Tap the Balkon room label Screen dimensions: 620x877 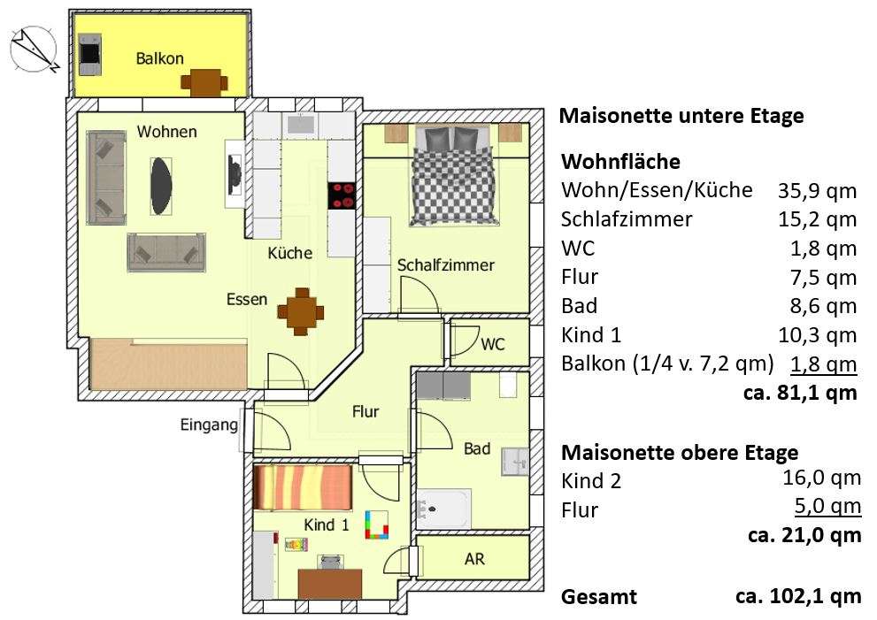point(160,59)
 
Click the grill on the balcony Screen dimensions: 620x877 point(90,54)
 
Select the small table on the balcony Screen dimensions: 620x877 point(204,82)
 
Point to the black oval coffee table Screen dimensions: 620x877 point(160,180)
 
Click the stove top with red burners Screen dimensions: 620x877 point(342,195)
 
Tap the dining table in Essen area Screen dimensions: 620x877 point(300,310)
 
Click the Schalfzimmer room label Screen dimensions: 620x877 point(445,265)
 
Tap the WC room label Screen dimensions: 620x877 point(493,344)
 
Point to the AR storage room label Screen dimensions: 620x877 point(474,560)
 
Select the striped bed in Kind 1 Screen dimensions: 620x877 point(303,487)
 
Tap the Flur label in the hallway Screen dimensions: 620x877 point(365,411)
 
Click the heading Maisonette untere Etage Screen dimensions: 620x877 point(682,116)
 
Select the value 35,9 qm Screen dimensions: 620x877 point(817,190)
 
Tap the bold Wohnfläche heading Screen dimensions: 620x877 point(620,162)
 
